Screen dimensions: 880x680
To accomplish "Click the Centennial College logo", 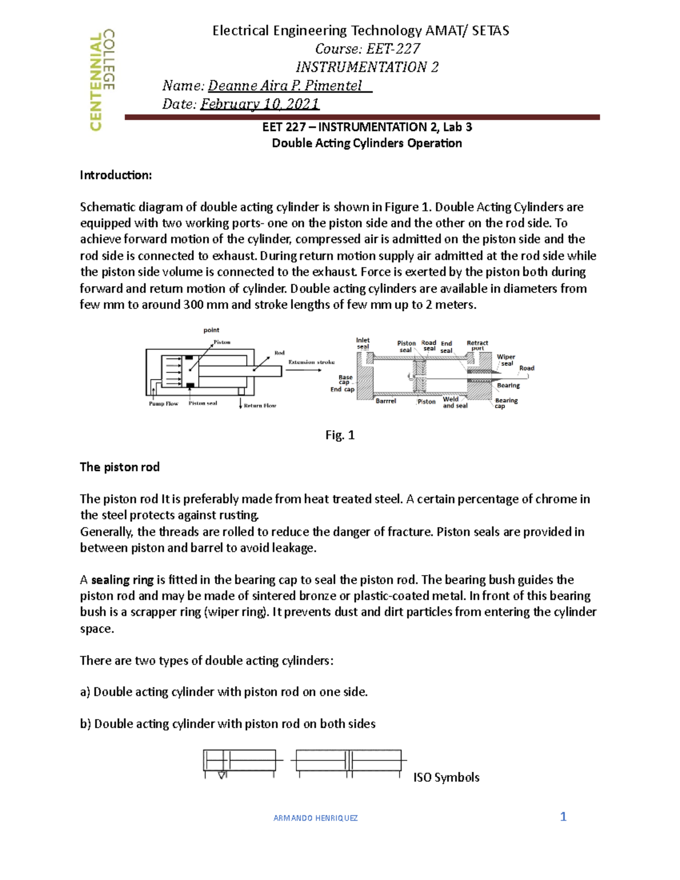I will pyautogui.click(x=103, y=80).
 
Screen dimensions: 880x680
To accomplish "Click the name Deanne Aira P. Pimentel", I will pyautogui.click(x=284, y=86).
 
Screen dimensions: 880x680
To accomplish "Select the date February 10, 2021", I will pyautogui.click(x=260, y=104).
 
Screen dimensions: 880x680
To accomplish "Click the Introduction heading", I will pyautogui.click(x=116, y=175).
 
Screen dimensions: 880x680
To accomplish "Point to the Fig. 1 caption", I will pyautogui.click(x=340, y=435).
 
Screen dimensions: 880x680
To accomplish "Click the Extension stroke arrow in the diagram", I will pyautogui.click(x=304, y=370).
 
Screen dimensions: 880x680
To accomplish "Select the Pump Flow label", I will pyautogui.click(x=163, y=404).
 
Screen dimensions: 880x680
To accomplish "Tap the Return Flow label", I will pyautogui.click(x=260, y=406).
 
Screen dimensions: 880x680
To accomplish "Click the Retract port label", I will pyautogui.click(x=477, y=345).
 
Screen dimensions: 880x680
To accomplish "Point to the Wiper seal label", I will pyautogui.click(x=506, y=360).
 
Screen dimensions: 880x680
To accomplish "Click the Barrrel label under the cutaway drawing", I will pyautogui.click(x=386, y=401).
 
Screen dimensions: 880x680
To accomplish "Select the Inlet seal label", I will pyautogui.click(x=363, y=343).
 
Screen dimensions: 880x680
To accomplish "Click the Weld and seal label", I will pyautogui.click(x=454, y=402).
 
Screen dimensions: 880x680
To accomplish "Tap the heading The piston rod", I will pyautogui.click(x=120, y=467).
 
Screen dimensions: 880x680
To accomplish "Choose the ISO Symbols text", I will pyautogui.click(x=446, y=777).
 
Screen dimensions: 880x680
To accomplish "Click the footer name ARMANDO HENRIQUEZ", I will pyautogui.click(x=315, y=818).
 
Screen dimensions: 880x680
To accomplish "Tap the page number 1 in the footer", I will pyautogui.click(x=563, y=817).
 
